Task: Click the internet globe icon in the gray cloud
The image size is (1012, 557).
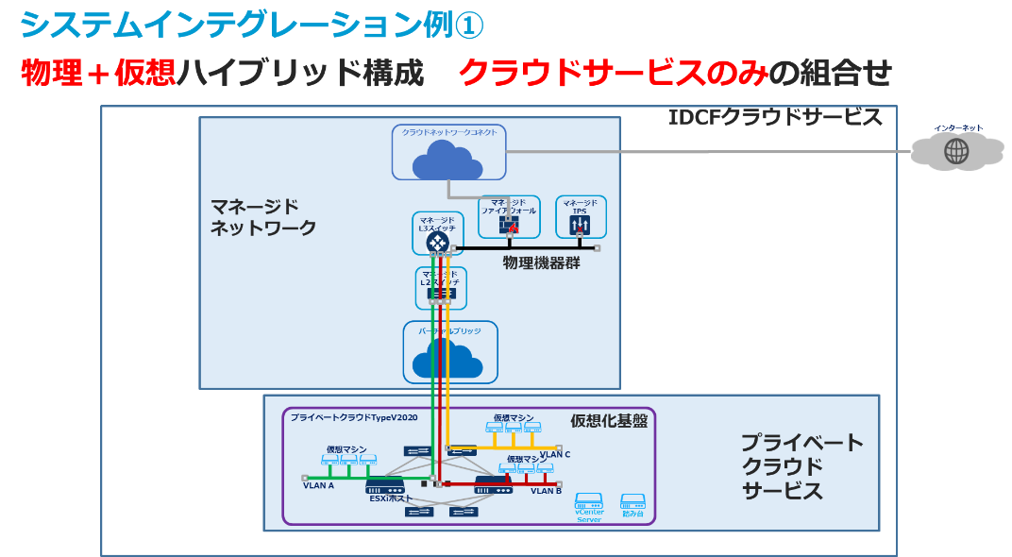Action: (956, 151)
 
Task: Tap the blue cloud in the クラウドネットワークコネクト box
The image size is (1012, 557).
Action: (447, 160)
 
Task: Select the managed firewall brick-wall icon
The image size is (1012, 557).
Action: (509, 226)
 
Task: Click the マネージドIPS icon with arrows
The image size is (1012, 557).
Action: (580, 225)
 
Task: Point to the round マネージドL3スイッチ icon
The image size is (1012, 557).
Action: (437, 241)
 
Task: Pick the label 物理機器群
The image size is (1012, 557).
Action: (542, 263)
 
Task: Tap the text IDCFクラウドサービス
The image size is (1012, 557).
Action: (775, 118)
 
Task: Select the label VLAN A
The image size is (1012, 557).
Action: (318, 486)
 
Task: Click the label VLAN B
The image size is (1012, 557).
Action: (546, 491)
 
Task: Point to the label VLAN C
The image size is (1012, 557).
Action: (555, 455)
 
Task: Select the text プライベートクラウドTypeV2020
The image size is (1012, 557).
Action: (354, 416)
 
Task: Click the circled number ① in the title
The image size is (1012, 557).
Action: (468, 25)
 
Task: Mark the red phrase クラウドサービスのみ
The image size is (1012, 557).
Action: (613, 73)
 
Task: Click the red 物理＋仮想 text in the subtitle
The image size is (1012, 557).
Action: (98, 73)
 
